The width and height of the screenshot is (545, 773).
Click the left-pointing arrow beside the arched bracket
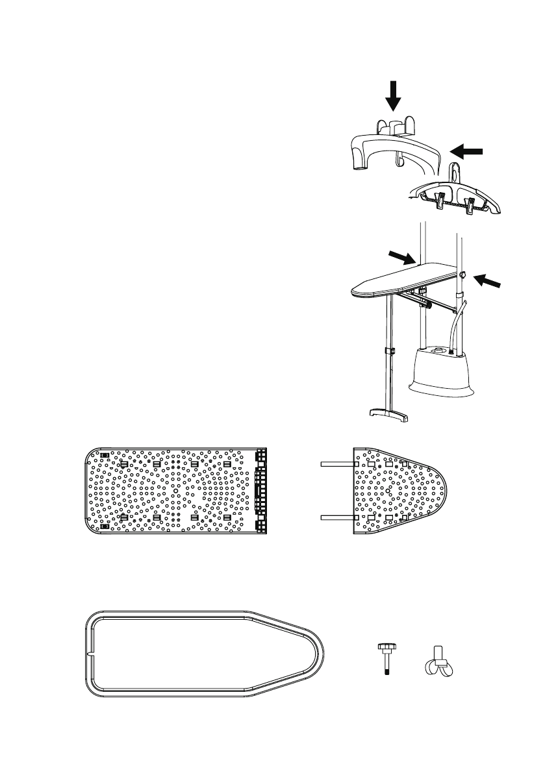(x=467, y=151)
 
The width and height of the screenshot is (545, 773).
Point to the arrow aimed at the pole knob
(x=487, y=281)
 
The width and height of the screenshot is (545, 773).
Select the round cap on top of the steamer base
(x=440, y=350)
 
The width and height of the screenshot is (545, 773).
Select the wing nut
(x=438, y=662)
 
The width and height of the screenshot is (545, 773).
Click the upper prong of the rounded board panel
(x=336, y=464)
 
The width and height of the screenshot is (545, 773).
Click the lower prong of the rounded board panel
(x=336, y=517)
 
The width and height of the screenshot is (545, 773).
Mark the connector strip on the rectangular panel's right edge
(x=261, y=491)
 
